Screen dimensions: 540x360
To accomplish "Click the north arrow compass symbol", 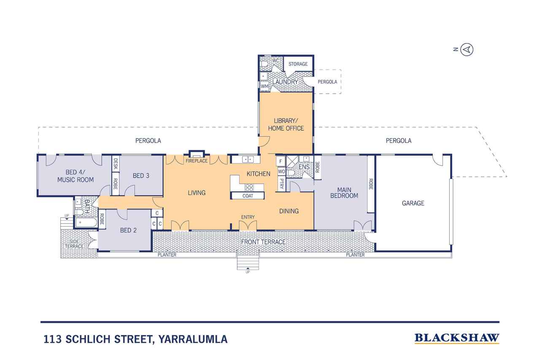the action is [467, 50].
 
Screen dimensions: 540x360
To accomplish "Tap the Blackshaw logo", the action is [457, 338].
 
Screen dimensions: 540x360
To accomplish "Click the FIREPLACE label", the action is [197, 161].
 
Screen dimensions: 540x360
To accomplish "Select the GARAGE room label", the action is [413, 203].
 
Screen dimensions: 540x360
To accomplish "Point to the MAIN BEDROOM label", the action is [344, 193].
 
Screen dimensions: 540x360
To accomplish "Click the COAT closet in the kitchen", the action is [248, 196].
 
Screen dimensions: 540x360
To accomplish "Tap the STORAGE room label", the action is [298, 64].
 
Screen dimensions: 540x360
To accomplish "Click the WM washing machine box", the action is [265, 86].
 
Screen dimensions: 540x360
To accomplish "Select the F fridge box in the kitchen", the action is [281, 161].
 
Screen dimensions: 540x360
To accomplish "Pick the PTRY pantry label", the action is [281, 184].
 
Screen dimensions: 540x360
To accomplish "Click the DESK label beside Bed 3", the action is [116, 164].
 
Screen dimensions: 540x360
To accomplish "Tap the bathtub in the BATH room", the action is [86, 222].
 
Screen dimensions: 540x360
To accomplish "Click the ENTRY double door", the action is [248, 226].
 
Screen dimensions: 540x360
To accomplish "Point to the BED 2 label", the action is [128, 230].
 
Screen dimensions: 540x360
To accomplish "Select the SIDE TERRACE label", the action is [74, 244].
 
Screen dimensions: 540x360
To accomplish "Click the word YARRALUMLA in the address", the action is [193, 339].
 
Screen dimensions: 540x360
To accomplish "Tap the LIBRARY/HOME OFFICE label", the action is [286, 125].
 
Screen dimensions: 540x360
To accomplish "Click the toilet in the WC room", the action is [265, 64].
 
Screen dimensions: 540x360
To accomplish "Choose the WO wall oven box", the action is [281, 172].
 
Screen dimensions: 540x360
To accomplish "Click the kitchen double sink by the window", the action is [248, 160].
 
